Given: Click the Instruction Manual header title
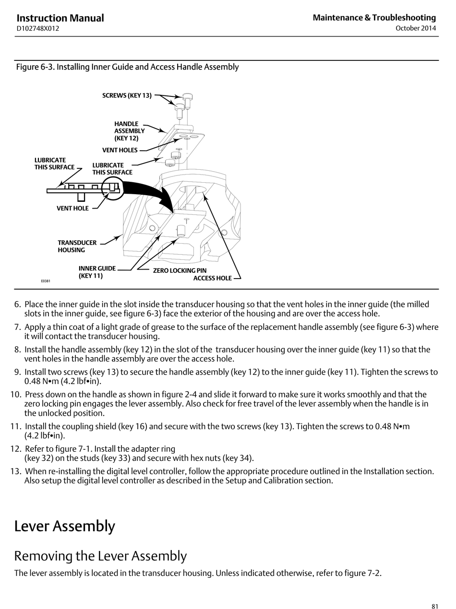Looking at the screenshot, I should coord(60,18).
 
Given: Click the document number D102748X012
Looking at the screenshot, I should coord(38,28).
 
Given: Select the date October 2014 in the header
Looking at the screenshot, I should coord(416,28).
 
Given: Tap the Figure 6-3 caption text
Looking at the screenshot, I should coord(127,67).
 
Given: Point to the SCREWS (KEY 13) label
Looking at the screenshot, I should coord(127,95).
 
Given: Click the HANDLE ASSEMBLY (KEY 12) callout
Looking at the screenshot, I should coord(129,131).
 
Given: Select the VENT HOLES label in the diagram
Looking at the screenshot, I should coord(120,150).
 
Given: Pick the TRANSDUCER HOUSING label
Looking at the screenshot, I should coord(77,246).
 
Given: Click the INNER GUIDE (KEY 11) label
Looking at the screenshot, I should coord(97,272).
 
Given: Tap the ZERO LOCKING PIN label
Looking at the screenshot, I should coord(180,270).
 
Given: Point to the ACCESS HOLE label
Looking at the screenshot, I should coord(212,278).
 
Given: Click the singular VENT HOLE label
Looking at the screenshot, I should coord(72,209).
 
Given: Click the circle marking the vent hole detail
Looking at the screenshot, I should coord(113,188).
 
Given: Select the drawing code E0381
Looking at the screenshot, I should coord(45,281).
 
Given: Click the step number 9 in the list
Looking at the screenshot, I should coord(17,372).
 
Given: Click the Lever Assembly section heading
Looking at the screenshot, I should coord(64,526).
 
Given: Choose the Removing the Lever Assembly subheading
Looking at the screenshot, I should coord(100,556).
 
